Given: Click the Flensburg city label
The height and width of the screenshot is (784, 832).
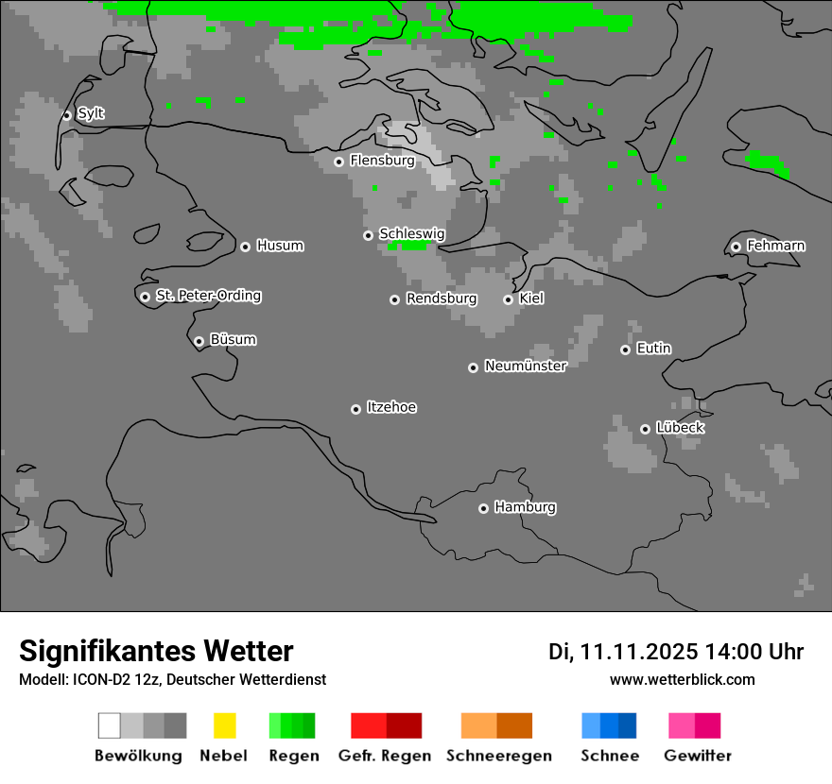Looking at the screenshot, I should [382, 161].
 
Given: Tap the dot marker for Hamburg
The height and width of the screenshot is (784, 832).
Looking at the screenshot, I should [483, 508].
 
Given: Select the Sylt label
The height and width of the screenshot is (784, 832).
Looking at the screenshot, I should [91, 114].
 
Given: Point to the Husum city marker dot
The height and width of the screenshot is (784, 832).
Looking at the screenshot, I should [245, 247].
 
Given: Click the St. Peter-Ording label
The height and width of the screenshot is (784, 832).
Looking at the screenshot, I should [208, 296].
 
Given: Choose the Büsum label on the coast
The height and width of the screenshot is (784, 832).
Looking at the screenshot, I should [233, 340].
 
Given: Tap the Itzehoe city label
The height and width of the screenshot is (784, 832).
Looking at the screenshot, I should [391, 407].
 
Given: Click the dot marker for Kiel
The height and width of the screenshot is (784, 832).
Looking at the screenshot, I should [508, 299].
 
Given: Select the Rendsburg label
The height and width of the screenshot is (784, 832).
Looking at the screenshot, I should [442, 298].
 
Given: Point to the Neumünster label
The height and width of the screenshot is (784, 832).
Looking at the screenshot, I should [526, 366].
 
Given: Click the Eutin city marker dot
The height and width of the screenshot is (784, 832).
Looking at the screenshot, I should [625, 349].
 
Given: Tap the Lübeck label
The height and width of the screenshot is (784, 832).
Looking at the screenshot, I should [680, 428].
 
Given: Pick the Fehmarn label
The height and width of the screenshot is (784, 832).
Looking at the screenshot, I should [776, 246].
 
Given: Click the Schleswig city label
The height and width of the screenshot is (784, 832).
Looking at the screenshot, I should [411, 233].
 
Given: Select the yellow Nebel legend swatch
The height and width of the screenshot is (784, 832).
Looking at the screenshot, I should [224, 725].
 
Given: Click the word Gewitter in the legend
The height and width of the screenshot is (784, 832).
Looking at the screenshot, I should [698, 756].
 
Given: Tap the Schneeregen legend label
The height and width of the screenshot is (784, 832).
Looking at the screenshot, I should [499, 756].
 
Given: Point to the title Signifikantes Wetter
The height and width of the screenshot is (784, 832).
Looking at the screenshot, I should [156, 651].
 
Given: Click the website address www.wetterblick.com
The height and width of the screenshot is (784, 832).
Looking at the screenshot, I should [682, 679].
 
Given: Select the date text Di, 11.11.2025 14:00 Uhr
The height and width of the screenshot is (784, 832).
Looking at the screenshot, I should [676, 652].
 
